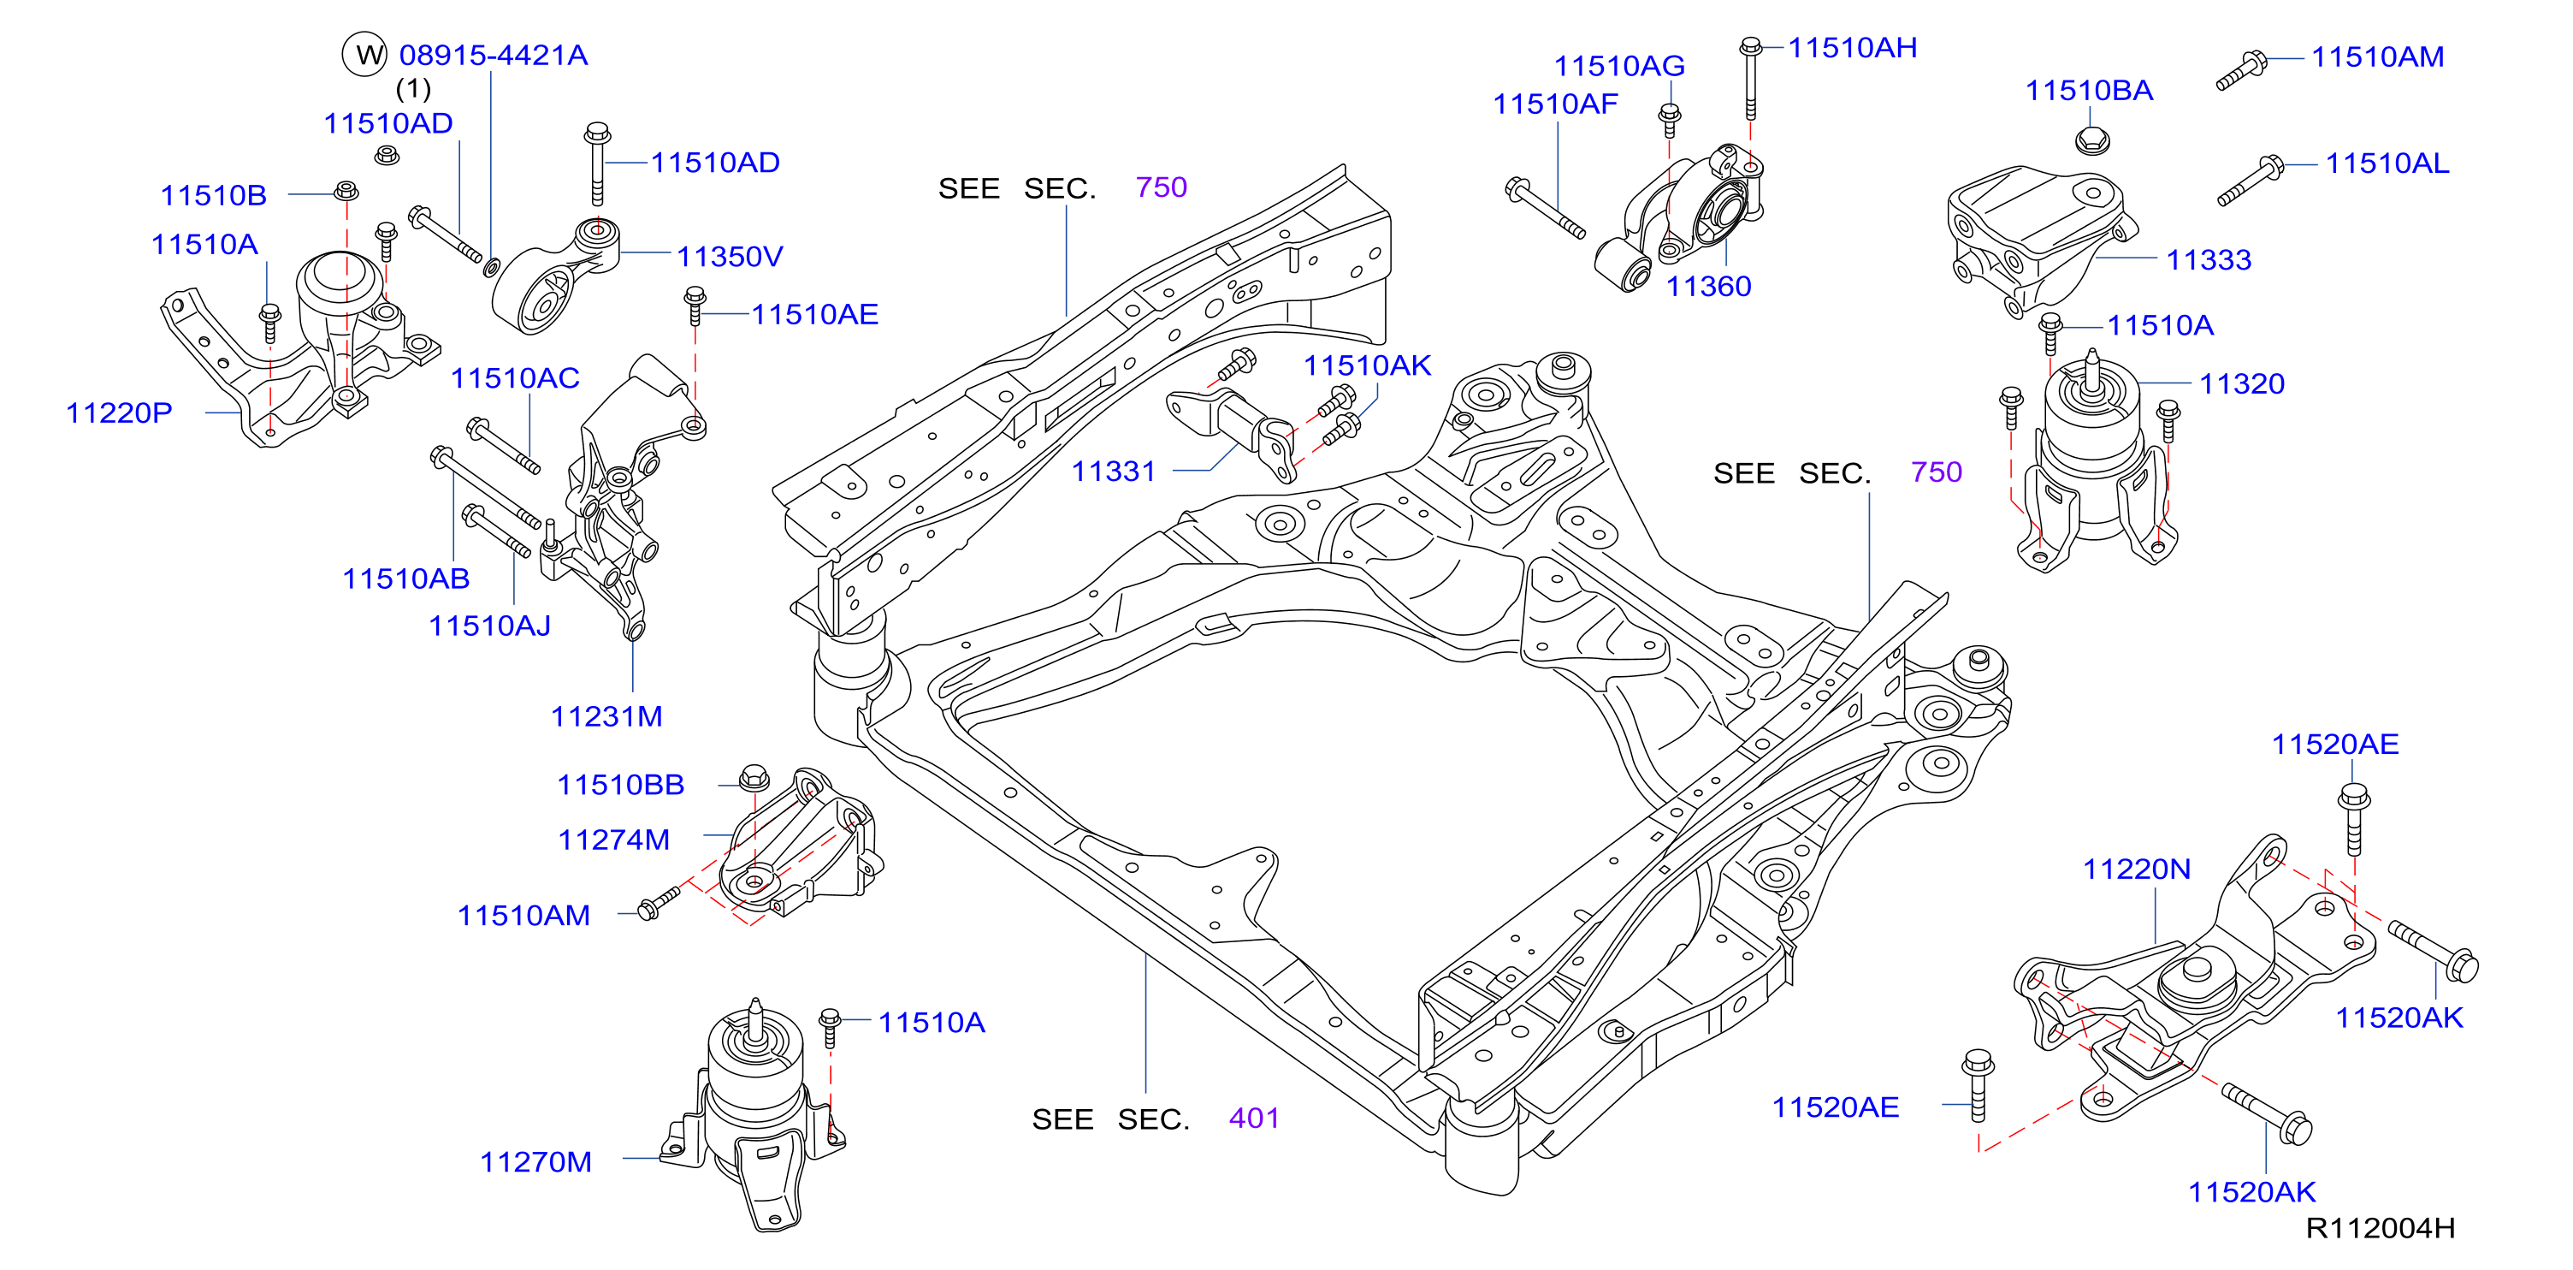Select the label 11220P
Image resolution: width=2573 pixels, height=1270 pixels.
[x=119, y=412]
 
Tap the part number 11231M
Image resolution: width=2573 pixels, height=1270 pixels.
[x=606, y=716]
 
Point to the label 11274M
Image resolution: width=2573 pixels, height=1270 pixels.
[x=613, y=840]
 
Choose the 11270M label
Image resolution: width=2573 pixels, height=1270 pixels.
[x=535, y=1162]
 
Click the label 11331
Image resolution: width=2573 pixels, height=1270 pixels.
[x=1113, y=472]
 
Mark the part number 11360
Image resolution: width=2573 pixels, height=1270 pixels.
[x=1708, y=287]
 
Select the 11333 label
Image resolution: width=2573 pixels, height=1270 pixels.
[x=2209, y=260]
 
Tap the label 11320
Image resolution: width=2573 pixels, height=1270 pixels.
[x=2241, y=383]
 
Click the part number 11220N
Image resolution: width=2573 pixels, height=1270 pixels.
[x=2137, y=869]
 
